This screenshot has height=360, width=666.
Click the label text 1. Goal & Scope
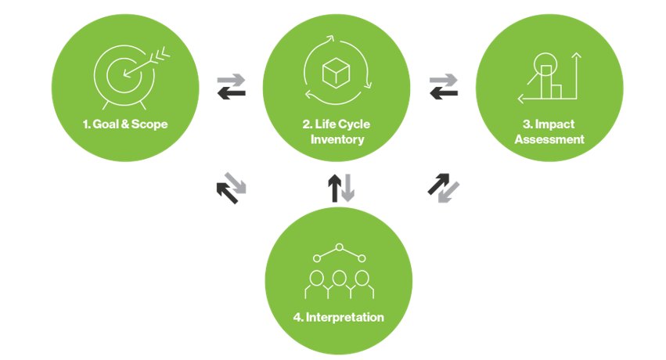[x=125, y=124]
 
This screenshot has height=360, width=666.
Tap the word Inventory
[x=337, y=139]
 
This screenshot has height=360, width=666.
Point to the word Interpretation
[x=339, y=318]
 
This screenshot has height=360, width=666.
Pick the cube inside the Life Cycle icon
[x=336, y=73]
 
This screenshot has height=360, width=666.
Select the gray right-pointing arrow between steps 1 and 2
[x=231, y=80]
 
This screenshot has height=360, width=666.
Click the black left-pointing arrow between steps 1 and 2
[x=231, y=94]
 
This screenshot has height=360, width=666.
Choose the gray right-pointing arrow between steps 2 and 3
[x=444, y=80]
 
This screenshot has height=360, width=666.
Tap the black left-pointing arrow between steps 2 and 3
[x=444, y=94]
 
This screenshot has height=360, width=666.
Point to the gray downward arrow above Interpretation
[x=347, y=188]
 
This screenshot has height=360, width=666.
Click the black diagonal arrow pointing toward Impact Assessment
[x=437, y=183]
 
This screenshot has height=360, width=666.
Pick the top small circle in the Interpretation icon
[x=339, y=248]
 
